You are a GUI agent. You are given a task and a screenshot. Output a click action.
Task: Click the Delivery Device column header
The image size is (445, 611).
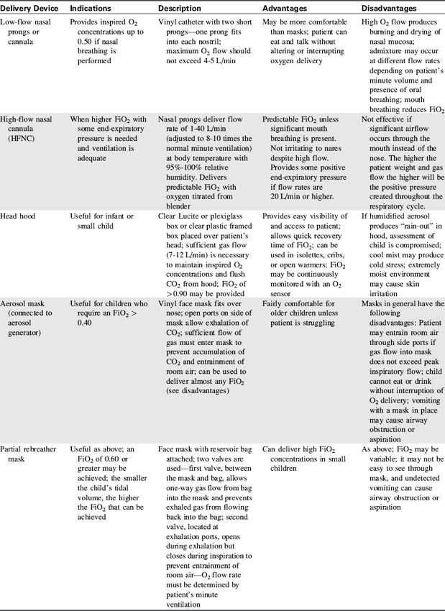(x=31, y=8)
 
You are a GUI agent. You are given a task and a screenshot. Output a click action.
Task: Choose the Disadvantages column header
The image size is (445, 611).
(x=389, y=8)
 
